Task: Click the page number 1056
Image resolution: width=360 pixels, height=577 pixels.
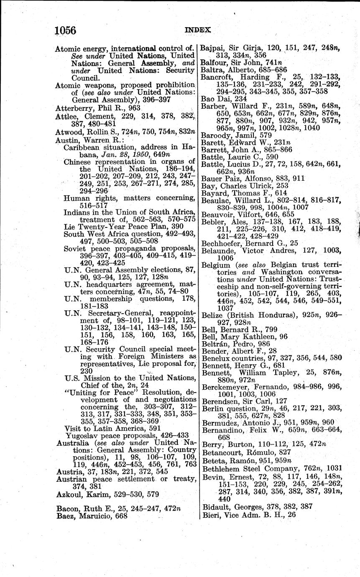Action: (x=65, y=30)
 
